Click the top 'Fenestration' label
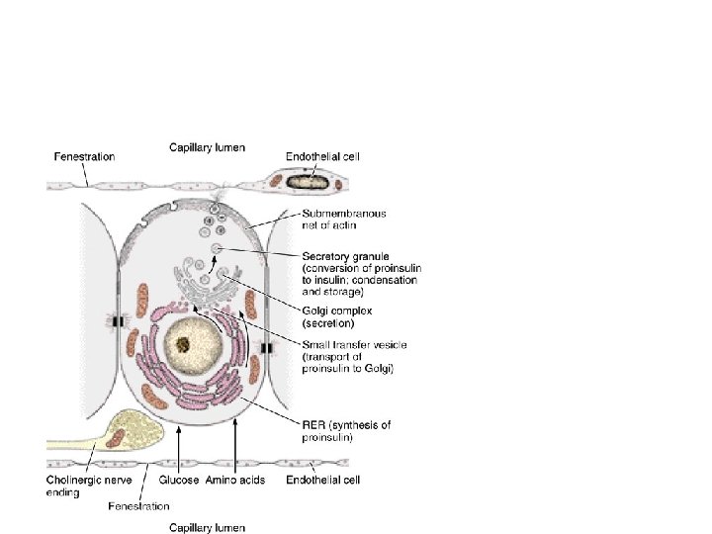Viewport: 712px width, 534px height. point(84,156)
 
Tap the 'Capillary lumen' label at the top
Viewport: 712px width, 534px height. point(208,147)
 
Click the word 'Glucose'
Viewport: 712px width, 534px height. point(180,481)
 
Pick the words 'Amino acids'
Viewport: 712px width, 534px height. point(235,481)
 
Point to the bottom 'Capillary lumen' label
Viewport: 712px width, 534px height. point(208,527)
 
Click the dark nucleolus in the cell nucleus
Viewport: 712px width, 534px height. point(184,344)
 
